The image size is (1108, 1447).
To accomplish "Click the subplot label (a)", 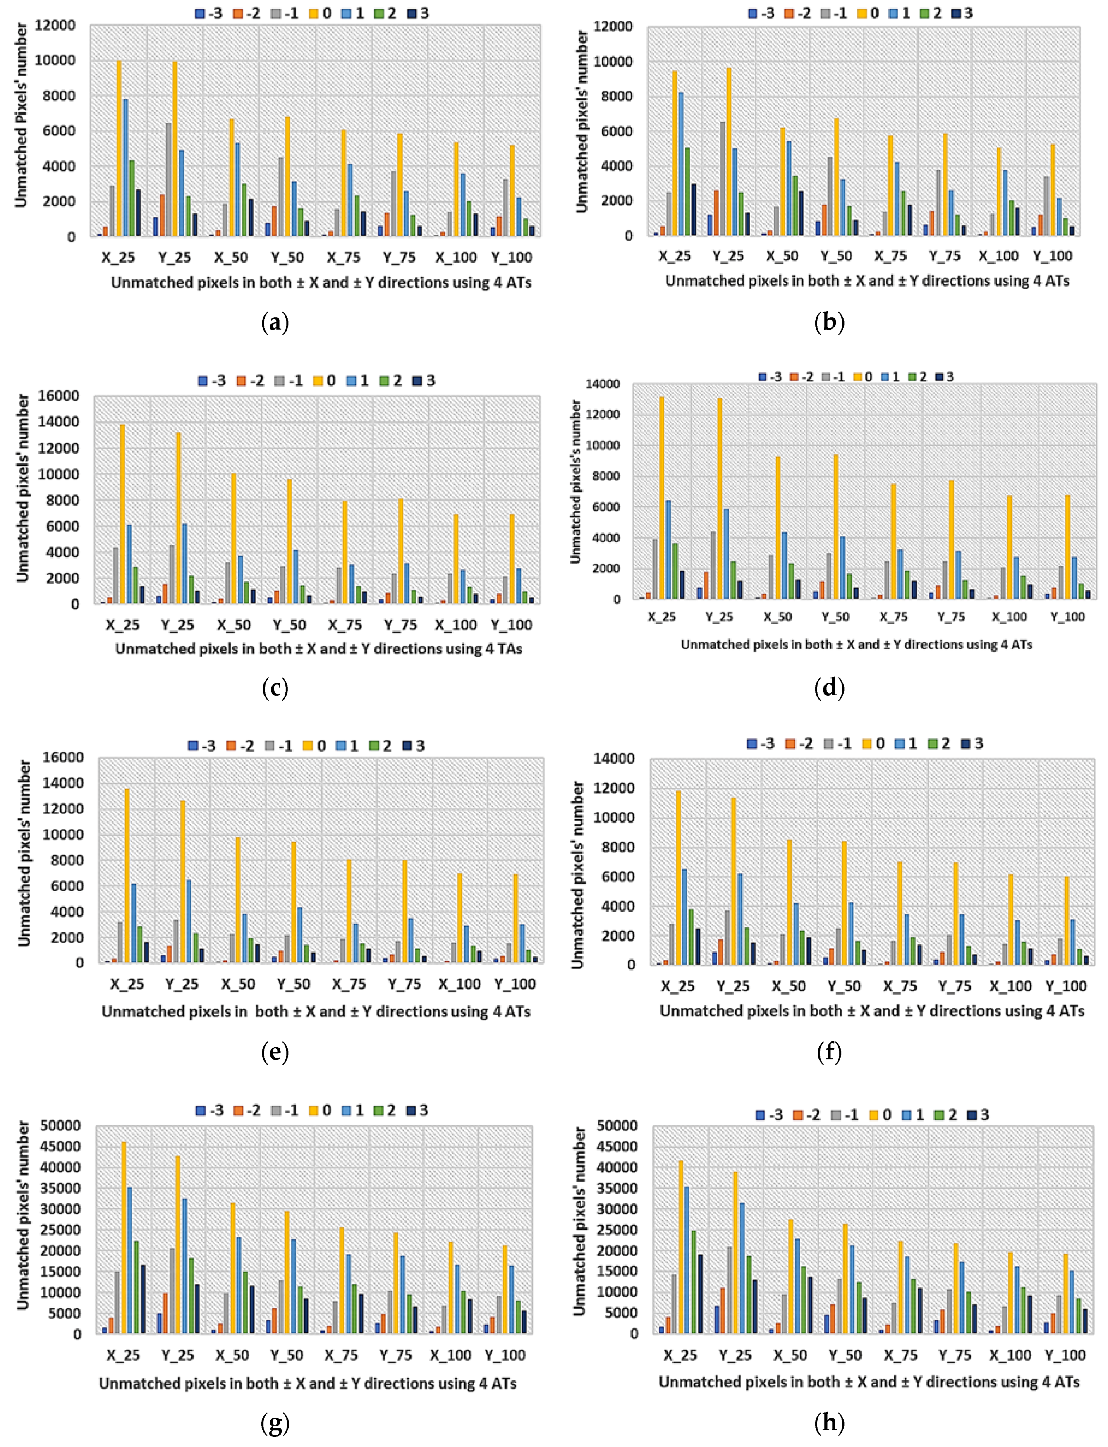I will (x=275, y=322).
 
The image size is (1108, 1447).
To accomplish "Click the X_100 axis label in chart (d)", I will (x=1009, y=617).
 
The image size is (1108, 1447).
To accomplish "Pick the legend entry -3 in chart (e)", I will (x=202, y=745).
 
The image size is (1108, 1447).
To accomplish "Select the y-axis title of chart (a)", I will (x=21, y=115).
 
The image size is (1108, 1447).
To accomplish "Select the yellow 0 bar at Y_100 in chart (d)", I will (x=1067, y=547).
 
